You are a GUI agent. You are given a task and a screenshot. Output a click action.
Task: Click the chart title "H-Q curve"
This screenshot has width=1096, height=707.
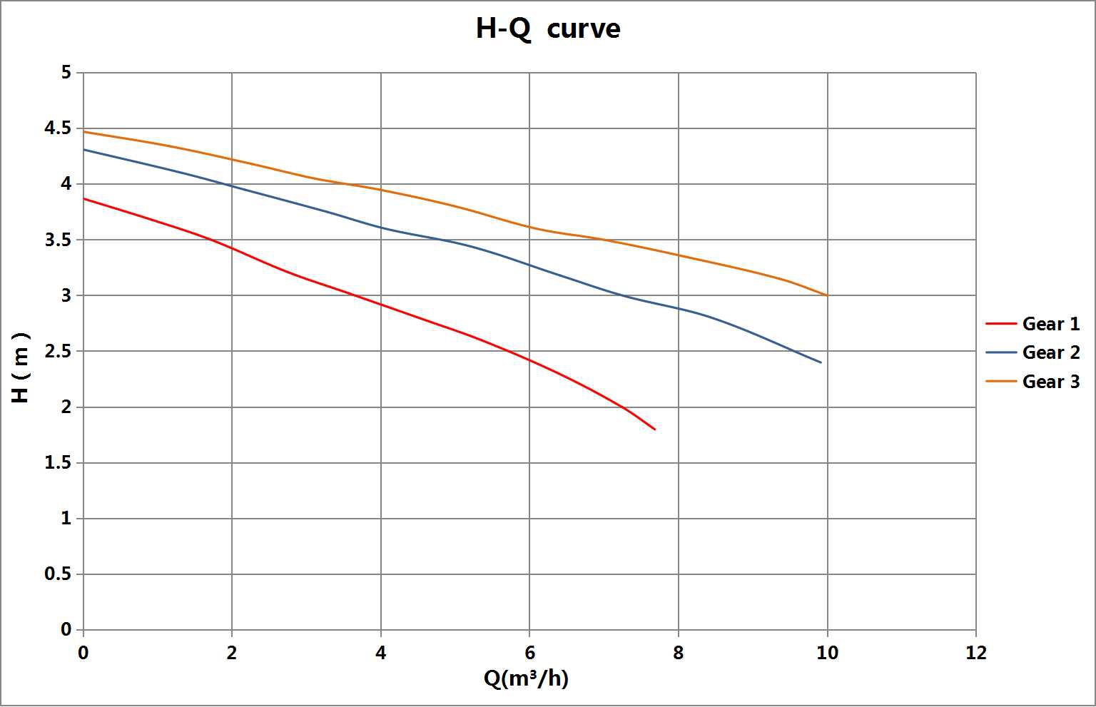[x=548, y=29]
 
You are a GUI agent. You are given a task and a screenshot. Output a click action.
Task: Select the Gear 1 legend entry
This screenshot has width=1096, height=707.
[x=1033, y=324]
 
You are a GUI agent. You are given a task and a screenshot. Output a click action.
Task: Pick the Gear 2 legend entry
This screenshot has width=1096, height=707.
[x=1033, y=352]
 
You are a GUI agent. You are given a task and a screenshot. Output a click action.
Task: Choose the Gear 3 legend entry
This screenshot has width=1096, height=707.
[x=1033, y=382]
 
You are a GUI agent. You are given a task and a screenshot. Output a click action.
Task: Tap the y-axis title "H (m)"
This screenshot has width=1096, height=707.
[x=21, y=367]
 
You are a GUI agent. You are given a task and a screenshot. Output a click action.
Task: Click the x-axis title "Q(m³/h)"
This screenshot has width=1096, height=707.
[x=526, y=678]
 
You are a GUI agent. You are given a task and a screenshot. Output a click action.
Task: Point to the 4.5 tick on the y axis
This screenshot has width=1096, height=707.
[x=58, y=128]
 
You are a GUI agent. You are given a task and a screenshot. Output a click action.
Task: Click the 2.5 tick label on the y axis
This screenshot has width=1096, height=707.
[x=58, y=351]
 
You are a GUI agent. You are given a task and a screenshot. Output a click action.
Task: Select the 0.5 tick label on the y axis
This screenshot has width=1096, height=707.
[x=58, y=574]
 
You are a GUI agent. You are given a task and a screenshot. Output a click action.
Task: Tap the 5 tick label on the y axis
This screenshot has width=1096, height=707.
[x=66, y=73]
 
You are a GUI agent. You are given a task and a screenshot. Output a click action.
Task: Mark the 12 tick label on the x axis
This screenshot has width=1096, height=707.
[x=976, y=653]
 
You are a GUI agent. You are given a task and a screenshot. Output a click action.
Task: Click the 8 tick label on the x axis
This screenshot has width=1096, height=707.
[x=678, y=653]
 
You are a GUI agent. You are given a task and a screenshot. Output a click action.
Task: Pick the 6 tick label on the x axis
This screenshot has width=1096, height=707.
[x=529, y=653]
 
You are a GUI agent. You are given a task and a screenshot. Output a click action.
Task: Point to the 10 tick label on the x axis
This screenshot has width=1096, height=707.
[x=828, y=653]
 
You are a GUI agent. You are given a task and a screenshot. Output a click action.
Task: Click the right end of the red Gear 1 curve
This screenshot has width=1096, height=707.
[x=654, y=429]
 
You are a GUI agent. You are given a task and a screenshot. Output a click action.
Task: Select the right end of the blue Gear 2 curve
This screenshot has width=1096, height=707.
[x=821, y=362]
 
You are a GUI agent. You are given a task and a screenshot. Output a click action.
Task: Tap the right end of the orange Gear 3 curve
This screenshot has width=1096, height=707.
[x=828, y=295]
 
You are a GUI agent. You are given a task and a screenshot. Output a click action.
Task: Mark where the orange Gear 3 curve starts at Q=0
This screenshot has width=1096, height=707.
[x=83, y=131]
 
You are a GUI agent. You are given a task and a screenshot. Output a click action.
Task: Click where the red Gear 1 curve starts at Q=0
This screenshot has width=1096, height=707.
[x=83, y=198]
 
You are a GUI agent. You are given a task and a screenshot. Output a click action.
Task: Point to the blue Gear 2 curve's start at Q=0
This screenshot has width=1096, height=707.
[x=83, y=149]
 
